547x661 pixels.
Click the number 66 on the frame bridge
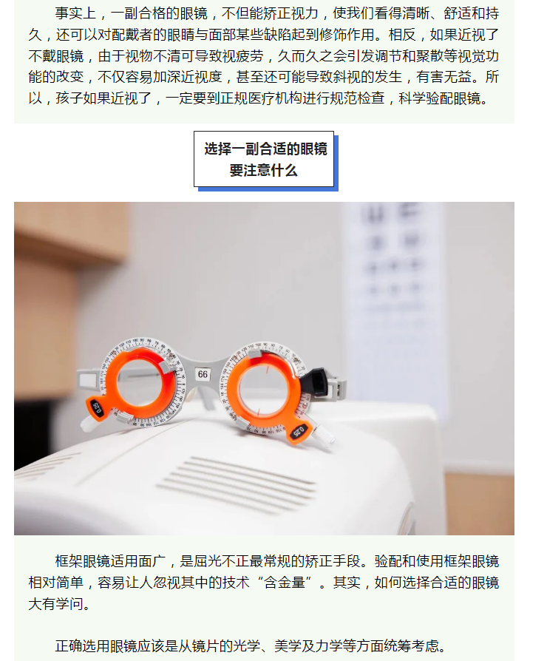[x=203, y=374]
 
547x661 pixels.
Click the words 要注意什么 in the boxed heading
[x=264, y=171]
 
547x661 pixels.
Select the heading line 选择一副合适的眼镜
[x=266, y=149]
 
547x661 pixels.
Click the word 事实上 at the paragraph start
[x=75, y=13]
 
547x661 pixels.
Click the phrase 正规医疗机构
[x=262, y=98]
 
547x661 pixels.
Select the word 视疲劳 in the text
[x=242, y=55]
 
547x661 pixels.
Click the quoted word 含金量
[x=284, y=583]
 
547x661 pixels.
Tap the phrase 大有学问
[x=55, y=603]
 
